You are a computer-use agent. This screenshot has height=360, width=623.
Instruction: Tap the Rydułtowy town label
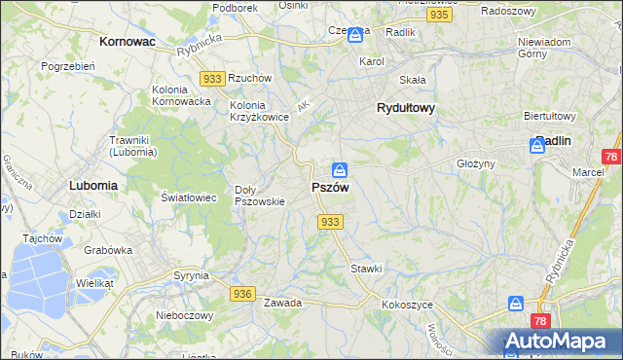click(405, 109)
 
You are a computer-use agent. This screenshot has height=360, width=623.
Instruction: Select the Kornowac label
click(128, 42)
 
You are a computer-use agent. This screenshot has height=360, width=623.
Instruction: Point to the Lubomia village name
click(93, 184)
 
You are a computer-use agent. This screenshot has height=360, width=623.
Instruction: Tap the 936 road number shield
click(242, 293)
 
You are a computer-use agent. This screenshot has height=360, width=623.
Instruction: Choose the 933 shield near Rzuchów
click(212, 78)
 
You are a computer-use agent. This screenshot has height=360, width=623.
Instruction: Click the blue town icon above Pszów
click(340, 169)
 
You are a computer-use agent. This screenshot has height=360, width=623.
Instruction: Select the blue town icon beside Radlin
click(537, 145)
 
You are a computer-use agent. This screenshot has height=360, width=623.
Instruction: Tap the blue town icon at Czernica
click(356, 35)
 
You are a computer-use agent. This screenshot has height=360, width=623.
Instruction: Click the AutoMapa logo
click(559, 341)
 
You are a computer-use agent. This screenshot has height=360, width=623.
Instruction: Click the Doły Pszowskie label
click(260, 196)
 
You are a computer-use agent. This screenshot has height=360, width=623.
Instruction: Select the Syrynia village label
click(191, 275)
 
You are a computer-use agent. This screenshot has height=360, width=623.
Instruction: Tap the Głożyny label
click(477, 163)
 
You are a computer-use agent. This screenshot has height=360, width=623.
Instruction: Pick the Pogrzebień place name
click(67, 66)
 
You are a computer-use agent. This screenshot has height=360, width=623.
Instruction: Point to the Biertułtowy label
click(550, 115)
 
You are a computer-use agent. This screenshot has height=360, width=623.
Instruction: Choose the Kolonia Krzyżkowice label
click(259, 110)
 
